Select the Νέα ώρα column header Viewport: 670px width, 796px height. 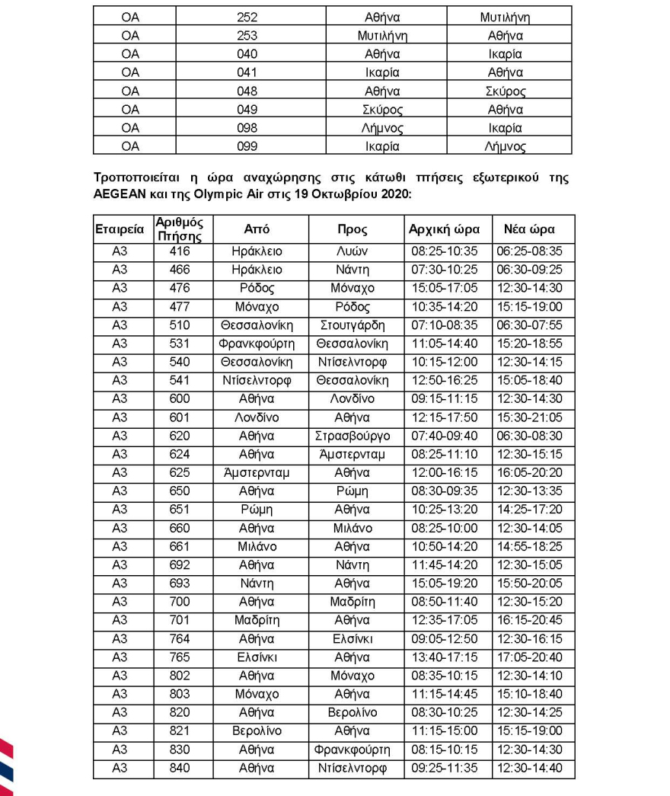click(x=534, y=229)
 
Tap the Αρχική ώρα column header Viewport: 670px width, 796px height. click(x=444, y=229)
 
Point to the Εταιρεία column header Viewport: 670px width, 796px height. click(x=120, y=229)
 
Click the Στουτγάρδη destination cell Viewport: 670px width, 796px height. click(x=356, y=324)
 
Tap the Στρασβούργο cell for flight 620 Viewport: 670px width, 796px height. click(x=356, y=435)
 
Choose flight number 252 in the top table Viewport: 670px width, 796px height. click(x=247, y=17)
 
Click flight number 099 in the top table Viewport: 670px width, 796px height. click(x=247, y=146)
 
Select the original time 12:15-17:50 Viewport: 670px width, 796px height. click(x=444, y=417)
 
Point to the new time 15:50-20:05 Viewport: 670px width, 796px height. click(x=534, y=583)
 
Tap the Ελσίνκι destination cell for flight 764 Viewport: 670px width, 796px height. click(x=356, y=638)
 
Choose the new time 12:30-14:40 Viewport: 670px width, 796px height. click(x=534, y=769)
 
